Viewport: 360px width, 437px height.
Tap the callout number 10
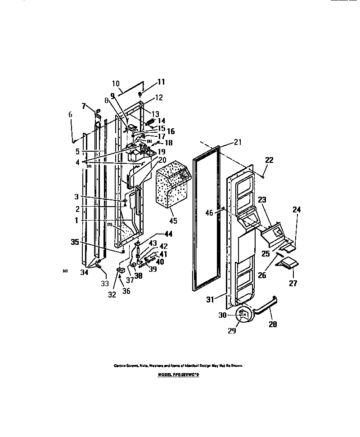point(115,83)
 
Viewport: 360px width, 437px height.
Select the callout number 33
point(105,284)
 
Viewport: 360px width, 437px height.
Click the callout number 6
point(70,115)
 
